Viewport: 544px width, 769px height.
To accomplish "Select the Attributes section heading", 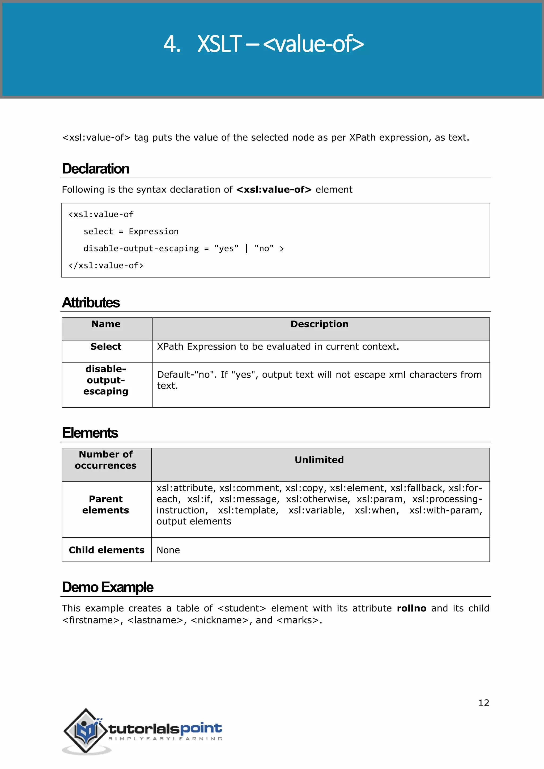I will pyautogui.click(x=91, y=302).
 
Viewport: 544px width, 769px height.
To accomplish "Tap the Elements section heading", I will pyautogui.click(x=90, y=433).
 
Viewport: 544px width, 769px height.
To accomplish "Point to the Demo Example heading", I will pyautogui.click(x=108, y=587).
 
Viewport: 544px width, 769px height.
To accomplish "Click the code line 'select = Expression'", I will pyautogui.click(x=131, y=232).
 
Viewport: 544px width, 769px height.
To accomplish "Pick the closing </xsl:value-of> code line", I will pyautogui.click(x=106, y=266).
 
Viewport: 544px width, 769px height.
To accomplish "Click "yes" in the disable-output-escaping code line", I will pyautogui.click(x=226, y=249).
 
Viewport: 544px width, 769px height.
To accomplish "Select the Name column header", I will pyautogui.click(x=106, y=324).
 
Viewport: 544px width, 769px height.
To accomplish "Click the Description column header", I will pyautogui.click(x=319, y=324).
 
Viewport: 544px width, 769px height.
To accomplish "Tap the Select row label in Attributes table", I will pyautogui.click(x=106, y=346).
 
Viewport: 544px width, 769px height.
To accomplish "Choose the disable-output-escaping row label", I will pyautogui.click(x=106, y=380).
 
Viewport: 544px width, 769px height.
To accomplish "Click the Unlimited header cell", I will pyautogui.click(x=319, y=460).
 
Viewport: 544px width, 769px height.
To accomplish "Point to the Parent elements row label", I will pyautogui.click(x=106, y=505).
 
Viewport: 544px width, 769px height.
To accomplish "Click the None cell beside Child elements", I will pyautogui.click(x=168, y=550).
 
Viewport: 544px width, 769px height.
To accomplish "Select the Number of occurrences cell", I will pyautogui.click(x=106, y=460).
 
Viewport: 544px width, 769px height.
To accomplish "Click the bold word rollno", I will pyautogui.click(x=411, y=608).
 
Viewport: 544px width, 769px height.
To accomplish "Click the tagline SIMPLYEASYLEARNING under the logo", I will pyautogui.click(x=165, y=738).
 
